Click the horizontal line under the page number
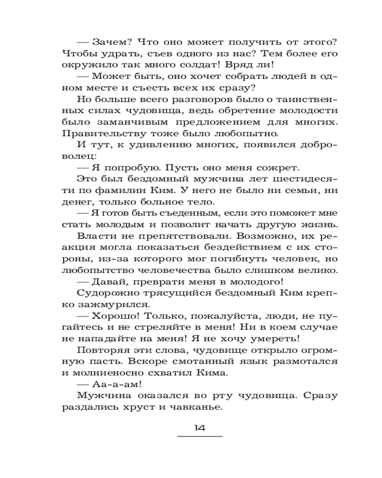(200, 436)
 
